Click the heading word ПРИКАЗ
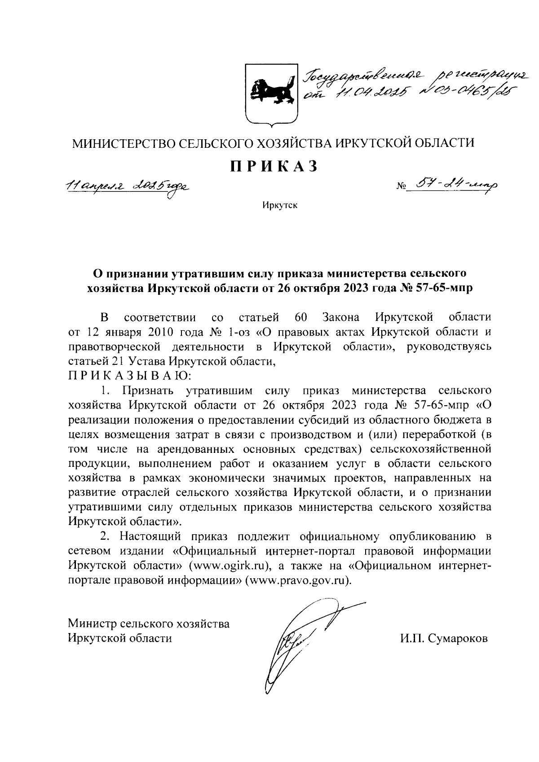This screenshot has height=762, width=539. pos(274,167)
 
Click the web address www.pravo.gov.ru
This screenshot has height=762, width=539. pos(297,580)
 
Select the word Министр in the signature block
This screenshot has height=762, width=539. pos(94,624)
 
